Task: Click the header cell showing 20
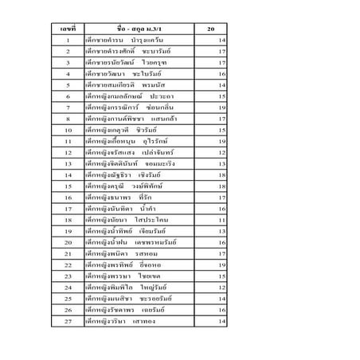[x=210, y=29]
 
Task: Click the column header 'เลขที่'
[x=68, y=29]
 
